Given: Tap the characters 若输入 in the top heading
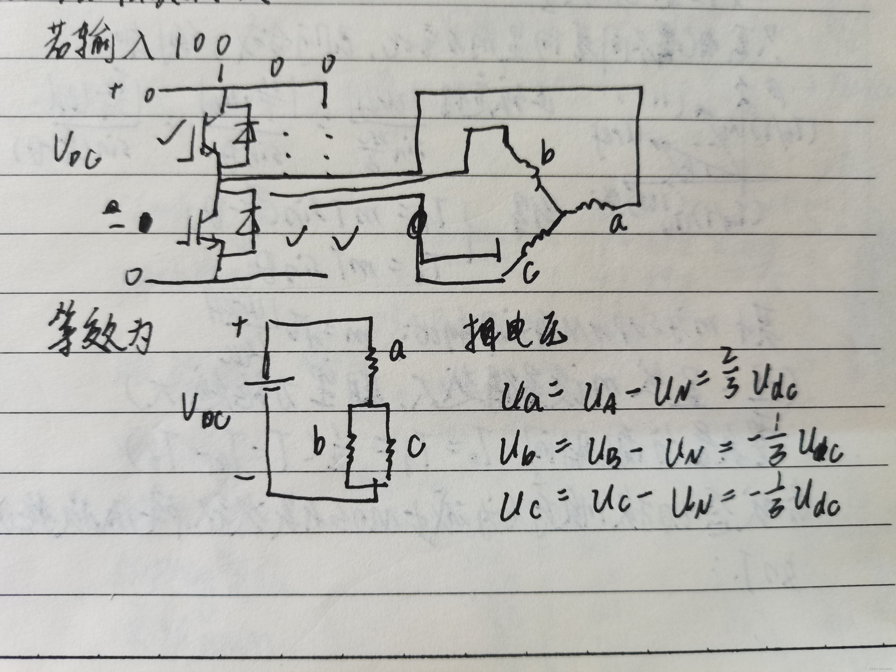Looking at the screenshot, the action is pos(97,45).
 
